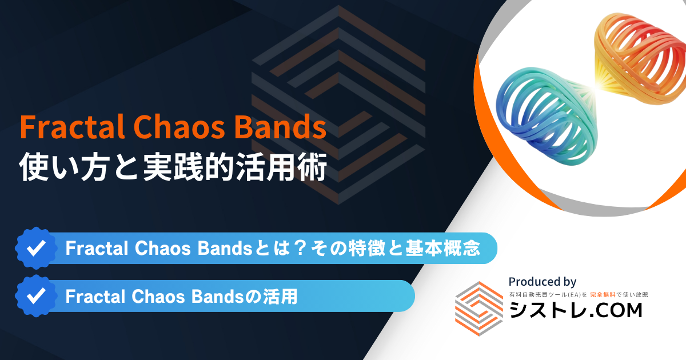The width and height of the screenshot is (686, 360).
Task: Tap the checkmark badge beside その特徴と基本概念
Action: point(36,248)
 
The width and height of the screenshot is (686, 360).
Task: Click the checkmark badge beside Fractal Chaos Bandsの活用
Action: point(36,296)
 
